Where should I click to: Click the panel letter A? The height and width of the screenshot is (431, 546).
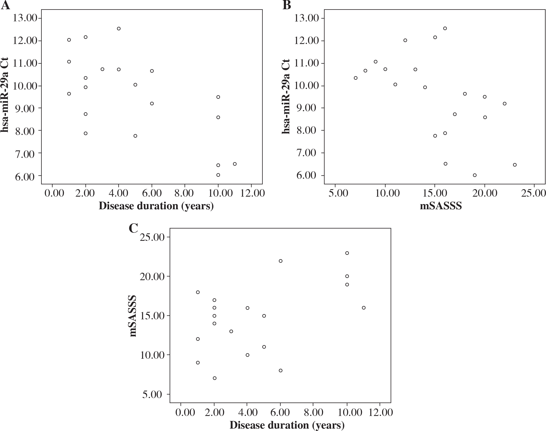pyautogui.click(x=6, y=5)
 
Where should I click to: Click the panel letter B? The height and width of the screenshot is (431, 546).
pyautogui.click(x=287, y=5)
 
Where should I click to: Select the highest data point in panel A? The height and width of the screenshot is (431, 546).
pyautogui.click(x=119, y=29)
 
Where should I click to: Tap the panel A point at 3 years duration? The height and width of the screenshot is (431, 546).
pyautogui.click(x=102, y=69)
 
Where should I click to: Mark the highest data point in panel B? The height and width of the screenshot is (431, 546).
pyautogui.click(x=445, y=28)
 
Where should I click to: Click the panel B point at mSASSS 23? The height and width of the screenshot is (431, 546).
pyautogui.click(x=515, y=165)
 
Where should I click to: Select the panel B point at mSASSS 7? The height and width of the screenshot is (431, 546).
pyautogui.click(x=356, y=78)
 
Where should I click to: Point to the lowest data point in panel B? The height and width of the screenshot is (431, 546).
pyautogui.click(x=475, y=175)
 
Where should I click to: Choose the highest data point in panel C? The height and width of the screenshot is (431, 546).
pyautogui.click(x=347, y=253)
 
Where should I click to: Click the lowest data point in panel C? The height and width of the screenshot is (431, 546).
pyautogui.click(x=215, y=378)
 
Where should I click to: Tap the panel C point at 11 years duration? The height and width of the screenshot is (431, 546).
pyautogui.click(x=364, y=308)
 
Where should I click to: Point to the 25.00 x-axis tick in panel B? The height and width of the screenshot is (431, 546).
pyautogui.click(x=533, y=193)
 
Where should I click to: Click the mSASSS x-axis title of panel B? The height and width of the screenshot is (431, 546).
pyautogui.click(x=441, y=206)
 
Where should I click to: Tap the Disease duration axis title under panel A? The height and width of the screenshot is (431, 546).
pyautogui.click(x=156, y=206)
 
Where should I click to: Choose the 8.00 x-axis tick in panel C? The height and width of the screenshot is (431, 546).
pyautogui.click(x=313, y=413)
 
